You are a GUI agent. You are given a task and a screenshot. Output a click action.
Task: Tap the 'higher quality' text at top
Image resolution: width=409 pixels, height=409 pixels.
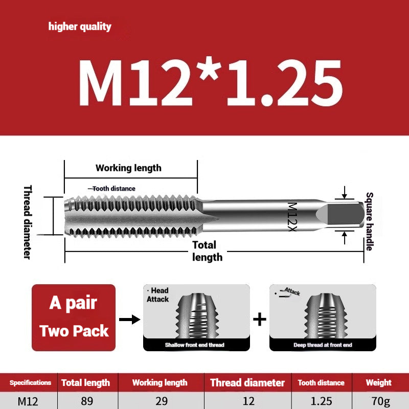[80, 27]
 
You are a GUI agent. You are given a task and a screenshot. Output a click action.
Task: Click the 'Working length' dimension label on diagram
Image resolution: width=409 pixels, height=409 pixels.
[128, 168]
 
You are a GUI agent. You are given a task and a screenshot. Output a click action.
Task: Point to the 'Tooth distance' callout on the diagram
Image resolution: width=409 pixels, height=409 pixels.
[113, 189]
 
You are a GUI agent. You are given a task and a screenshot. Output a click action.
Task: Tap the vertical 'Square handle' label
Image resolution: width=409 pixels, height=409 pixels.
[369, 221]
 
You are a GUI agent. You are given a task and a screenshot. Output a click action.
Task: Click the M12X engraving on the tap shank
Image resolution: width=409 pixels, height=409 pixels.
[292, 216]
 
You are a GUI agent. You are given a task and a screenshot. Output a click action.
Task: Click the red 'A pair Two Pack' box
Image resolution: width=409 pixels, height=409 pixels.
[74, 317]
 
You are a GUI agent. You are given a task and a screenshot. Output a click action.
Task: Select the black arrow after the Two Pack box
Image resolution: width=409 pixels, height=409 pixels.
[129, 320]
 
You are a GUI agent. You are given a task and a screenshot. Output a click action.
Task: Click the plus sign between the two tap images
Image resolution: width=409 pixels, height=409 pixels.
[260, 320]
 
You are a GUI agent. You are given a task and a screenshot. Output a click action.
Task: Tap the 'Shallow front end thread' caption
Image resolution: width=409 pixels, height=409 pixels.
[194, 345]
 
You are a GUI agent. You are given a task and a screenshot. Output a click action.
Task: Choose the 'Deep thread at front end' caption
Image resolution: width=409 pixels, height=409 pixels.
[322, 345]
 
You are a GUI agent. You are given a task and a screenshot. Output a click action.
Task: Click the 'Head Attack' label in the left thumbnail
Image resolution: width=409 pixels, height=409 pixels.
[158, 294]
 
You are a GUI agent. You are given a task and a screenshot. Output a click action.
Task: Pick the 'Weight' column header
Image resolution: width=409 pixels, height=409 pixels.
[378, 382]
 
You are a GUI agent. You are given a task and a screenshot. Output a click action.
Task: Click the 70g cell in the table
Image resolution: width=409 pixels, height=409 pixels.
[378, 401]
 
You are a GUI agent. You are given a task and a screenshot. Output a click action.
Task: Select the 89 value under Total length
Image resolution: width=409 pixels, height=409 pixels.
[86, 401]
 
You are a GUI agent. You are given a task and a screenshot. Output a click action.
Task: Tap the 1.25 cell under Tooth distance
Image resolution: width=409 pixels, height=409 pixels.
[321, 401]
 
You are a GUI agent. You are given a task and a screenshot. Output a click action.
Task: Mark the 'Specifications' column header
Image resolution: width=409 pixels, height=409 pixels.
[30, 382]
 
